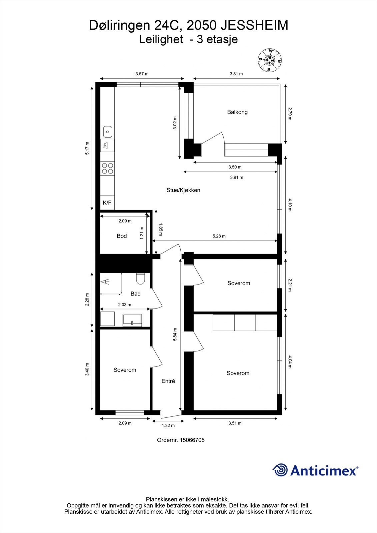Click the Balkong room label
237,112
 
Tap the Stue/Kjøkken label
183,190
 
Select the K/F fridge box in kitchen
107,203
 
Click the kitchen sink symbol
107,132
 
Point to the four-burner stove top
107,168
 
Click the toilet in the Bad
140,279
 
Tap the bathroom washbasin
132,320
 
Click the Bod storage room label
122,236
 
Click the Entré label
168,381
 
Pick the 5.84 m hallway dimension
175,334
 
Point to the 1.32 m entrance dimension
168,425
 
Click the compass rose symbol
270,60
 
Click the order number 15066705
192,440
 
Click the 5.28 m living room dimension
219,236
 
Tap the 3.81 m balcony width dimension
236,74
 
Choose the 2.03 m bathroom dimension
125,305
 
